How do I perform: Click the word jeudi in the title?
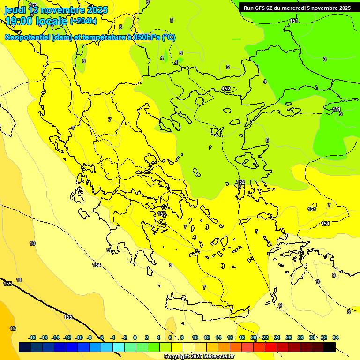(x=15, y=10)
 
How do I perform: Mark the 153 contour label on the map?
(x=162, y=214)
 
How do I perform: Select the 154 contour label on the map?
(x=97, y=265)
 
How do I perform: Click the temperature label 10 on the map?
(x=32, y=243)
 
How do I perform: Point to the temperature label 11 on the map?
(x=19, y=280)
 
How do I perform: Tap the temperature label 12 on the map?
(x=13, y=329)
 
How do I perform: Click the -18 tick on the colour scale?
(x=32, y=337)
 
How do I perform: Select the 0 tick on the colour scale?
(x=135, y=337)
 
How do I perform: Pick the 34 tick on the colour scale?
(x=336, y=337)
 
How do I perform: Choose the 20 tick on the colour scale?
(x=254, y=337)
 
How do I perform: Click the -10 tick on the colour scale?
(x=79, y=337)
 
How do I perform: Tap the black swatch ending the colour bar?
(x=330, y=347)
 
